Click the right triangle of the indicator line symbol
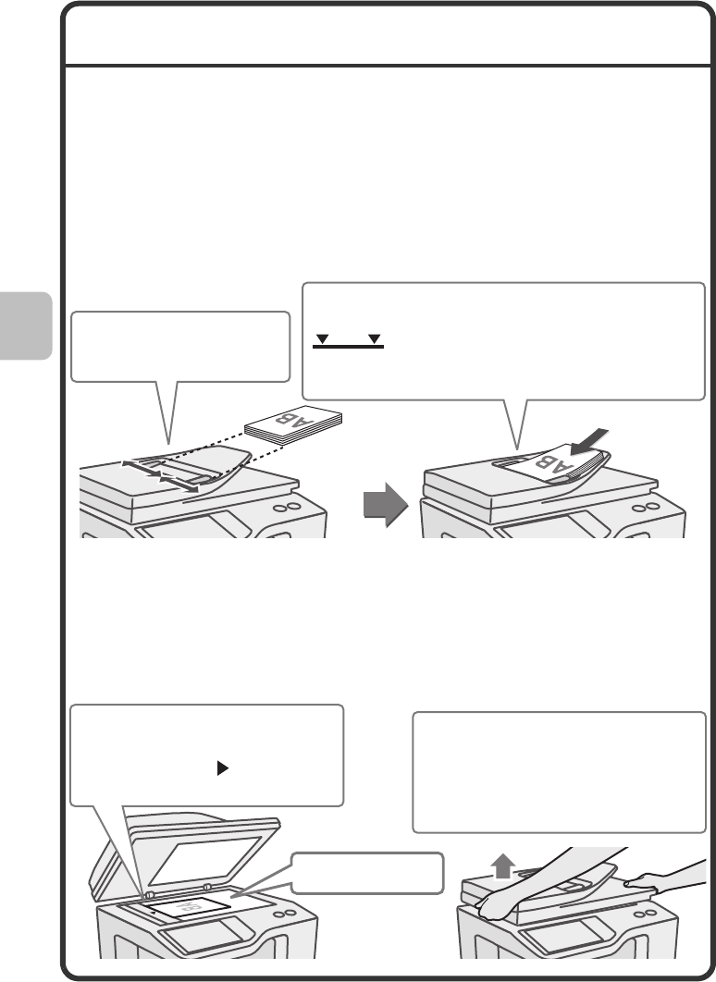[374, 340]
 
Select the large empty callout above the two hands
[558, 772]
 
